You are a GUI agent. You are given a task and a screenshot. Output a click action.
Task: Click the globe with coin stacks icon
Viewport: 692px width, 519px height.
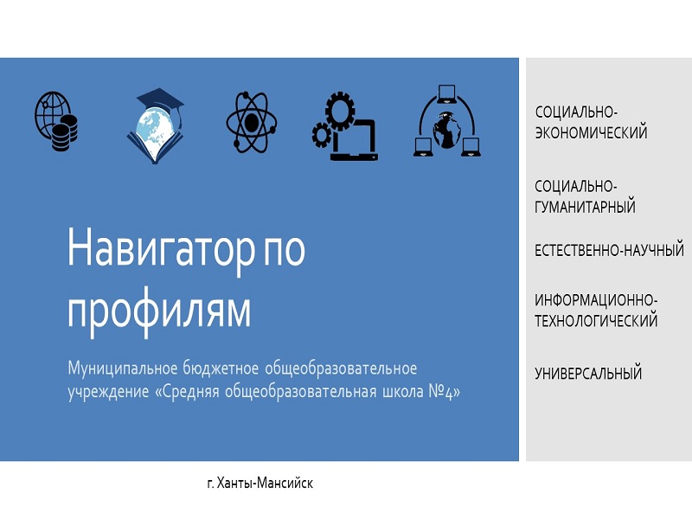(56, 121)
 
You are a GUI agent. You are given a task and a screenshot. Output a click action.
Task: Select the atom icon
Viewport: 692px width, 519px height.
(251, 122)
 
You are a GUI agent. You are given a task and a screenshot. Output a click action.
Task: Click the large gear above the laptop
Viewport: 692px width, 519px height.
(340, 111)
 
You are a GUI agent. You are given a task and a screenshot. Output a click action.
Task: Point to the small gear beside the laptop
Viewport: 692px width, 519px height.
(321, 136)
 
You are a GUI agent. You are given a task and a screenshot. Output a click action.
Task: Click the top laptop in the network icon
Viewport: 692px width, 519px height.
(447, 94)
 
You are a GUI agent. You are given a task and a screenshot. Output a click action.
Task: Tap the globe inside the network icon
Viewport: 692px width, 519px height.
(446, 130)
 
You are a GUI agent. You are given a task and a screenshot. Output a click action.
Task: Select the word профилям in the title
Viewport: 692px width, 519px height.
(159, 311)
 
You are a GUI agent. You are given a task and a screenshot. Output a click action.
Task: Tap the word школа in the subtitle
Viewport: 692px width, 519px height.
(402, 392)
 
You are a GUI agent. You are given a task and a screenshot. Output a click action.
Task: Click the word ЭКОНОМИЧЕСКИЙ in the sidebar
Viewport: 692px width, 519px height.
(591, 132)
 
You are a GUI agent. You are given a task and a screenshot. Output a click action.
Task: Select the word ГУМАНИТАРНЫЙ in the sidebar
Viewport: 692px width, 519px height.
(585, 207)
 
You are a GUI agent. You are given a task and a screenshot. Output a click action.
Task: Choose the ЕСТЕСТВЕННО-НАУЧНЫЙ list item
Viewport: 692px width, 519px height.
(609, 250)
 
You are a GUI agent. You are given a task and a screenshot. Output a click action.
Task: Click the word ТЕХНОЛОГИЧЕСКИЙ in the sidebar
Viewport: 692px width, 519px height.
(596, 320)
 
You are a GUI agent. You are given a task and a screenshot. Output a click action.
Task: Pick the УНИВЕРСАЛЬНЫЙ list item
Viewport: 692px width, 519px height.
(588, 374)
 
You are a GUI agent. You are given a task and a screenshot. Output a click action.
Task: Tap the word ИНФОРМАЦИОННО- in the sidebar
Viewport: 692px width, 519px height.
(596, 300)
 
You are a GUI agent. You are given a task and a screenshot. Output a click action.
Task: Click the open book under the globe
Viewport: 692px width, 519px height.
(155, 145)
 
